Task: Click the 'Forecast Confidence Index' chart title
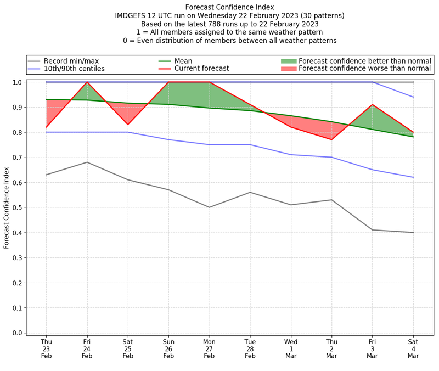click(x=229, y=7)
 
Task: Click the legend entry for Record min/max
click(x=71, y=61)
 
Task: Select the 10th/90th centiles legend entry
click(x=74, y=69)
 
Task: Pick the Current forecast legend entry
click(x=201, y=69)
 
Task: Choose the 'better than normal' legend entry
click(x=365, y=61)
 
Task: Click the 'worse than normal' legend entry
click(x=365, y=69)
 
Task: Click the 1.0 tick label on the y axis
click(x=17, y=82)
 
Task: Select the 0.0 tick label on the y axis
click(x=17, y=333)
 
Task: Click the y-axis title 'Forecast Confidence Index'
click(x=7, y=207)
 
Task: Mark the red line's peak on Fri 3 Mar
click(x=373, y=104)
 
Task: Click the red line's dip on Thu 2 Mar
click(x=331, y=139)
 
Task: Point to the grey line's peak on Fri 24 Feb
click(x=87, y=162)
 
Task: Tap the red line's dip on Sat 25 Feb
click(x=128, y=125)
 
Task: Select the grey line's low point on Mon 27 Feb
click(x=209, y=207)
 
